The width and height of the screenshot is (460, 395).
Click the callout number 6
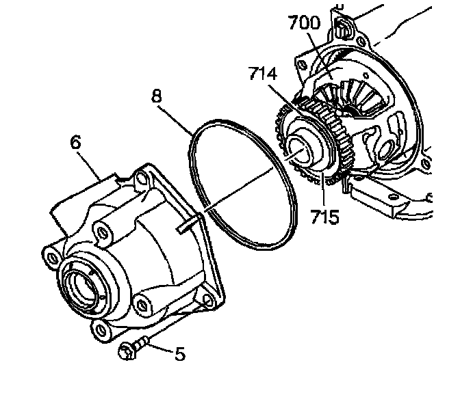point(75,142)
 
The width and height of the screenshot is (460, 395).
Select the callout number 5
point(179,354)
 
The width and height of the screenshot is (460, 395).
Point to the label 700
point(305,23)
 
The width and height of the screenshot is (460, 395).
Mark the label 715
point(324,217)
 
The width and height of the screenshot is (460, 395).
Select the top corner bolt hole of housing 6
point(141,179)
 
